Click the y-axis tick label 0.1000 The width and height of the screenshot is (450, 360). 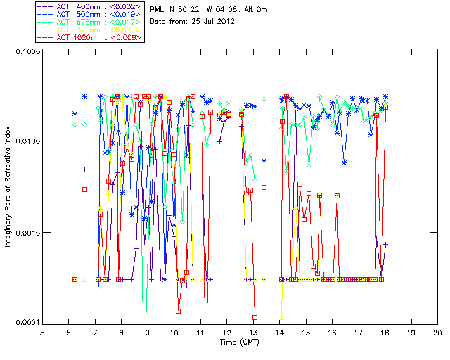25,51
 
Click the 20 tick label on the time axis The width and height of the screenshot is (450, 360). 437,333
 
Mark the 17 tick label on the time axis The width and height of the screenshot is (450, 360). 359,333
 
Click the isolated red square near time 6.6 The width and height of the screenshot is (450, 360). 84,189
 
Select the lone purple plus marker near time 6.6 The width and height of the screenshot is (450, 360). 84,169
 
